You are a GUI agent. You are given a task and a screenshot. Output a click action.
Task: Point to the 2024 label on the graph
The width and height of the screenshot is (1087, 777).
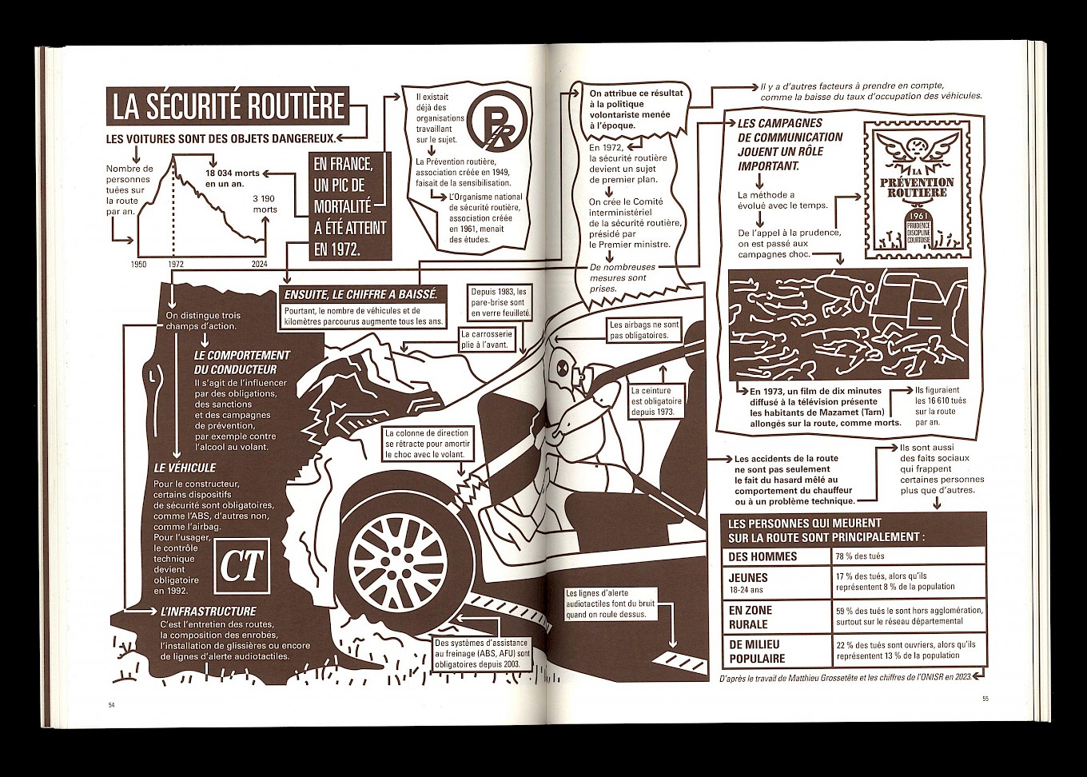pyautogui.click(x=259, y=264)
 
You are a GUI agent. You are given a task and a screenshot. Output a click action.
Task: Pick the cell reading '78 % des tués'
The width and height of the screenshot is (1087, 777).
pyautogui.click(x=860, y=556)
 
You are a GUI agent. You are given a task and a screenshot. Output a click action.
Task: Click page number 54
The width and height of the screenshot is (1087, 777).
pyautogui.click(x=112, y=703)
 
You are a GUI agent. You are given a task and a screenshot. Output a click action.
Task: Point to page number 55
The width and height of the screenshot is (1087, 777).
pyautogui.click(x=985, y=699)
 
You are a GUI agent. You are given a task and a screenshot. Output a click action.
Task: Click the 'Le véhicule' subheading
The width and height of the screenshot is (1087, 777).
pyautogui.click(x=185, y=468)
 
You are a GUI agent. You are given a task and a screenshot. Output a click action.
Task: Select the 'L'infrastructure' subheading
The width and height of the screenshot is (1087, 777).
pyautogui.click(x=208, y=612)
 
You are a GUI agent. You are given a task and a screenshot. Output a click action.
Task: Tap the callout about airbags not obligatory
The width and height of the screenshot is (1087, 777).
pyautogui.click(x=643, y=330)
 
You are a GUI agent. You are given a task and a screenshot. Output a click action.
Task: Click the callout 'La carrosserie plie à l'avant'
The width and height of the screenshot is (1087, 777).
pyautogui.click(x=487, y=337)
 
